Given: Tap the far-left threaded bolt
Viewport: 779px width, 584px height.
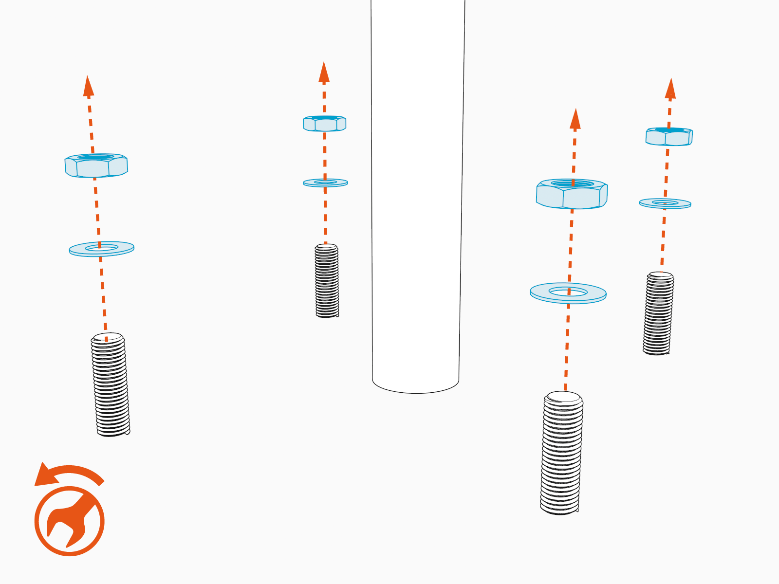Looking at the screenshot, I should coord(111,384).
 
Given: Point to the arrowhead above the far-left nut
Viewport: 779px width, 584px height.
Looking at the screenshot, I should coord(88,87).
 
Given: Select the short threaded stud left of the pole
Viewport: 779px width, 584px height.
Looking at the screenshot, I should coord(327,281).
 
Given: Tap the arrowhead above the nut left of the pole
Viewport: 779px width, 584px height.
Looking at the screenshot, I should coord(324,72).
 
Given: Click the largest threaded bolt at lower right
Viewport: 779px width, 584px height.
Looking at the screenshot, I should coord(561,453).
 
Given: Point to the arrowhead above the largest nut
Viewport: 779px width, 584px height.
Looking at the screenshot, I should coord(575,119).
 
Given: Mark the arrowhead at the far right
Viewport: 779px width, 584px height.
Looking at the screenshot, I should coord(670,89).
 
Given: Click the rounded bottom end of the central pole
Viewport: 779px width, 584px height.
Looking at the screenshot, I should coord(415,385).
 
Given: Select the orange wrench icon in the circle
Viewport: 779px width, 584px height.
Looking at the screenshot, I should coord(69,521).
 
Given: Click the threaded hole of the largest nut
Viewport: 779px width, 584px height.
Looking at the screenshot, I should coord(572,184).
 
